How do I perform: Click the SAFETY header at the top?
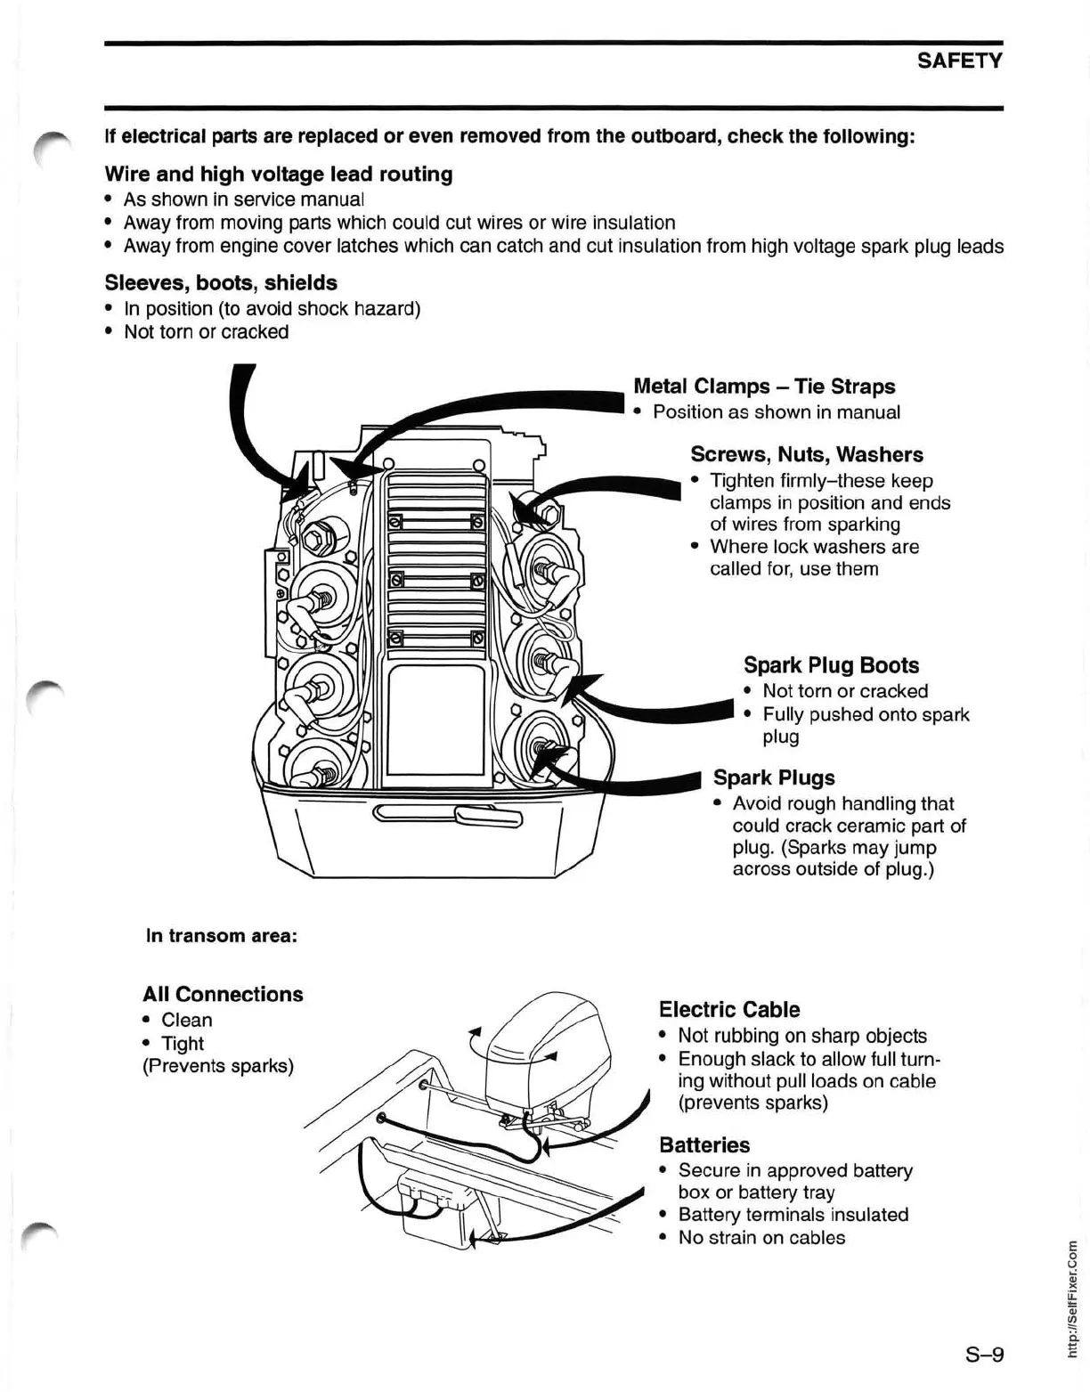(x=959, y=61)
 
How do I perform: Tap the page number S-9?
(x=984, y=1355)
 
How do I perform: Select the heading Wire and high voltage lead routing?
(x=278, y=174)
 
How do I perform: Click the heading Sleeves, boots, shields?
(x=221, y=283)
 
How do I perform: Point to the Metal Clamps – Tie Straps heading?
(x=763, y=387)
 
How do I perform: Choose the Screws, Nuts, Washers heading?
(x=807, y=454)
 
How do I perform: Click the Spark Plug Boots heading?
(x=831, y=665)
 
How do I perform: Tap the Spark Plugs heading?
(x=774, y=777)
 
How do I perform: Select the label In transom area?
(x=221, y=935)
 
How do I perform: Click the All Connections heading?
(x=223, y=994)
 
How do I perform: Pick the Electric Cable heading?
(x=728, y=1009)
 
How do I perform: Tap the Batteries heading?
(x=704, y=1144)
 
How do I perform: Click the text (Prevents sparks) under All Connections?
(x=218, y=1066)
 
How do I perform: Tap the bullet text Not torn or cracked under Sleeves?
(x=206, y=332)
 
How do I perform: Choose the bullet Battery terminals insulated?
(x=793, y=1215)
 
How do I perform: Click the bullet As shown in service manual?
(x=243, y=199)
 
